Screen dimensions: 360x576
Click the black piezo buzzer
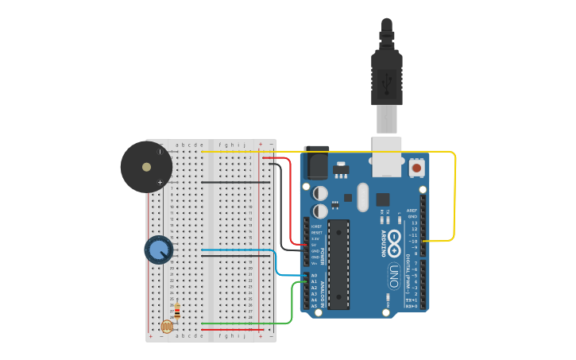[146, 167]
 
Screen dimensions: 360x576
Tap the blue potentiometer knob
[159, 250]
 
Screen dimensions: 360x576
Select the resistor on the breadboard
[176, 312]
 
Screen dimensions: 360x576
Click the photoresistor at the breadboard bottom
[167, 326]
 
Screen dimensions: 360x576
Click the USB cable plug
[387, 79]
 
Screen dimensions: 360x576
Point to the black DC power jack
[317, 165]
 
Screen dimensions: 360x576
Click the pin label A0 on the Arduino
[314, 275]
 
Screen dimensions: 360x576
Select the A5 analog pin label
[314, 306]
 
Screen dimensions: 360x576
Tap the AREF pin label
[412, 210]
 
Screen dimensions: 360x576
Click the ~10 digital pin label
[412, 241]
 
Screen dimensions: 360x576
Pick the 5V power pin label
[315, 245]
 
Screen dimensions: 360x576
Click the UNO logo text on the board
[393, 276]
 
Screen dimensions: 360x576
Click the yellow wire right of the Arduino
[454, 199]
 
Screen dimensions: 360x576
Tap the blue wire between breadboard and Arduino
[276, 262]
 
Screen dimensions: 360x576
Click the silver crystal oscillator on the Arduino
[363, 197]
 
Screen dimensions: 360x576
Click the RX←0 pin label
[412, 306]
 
